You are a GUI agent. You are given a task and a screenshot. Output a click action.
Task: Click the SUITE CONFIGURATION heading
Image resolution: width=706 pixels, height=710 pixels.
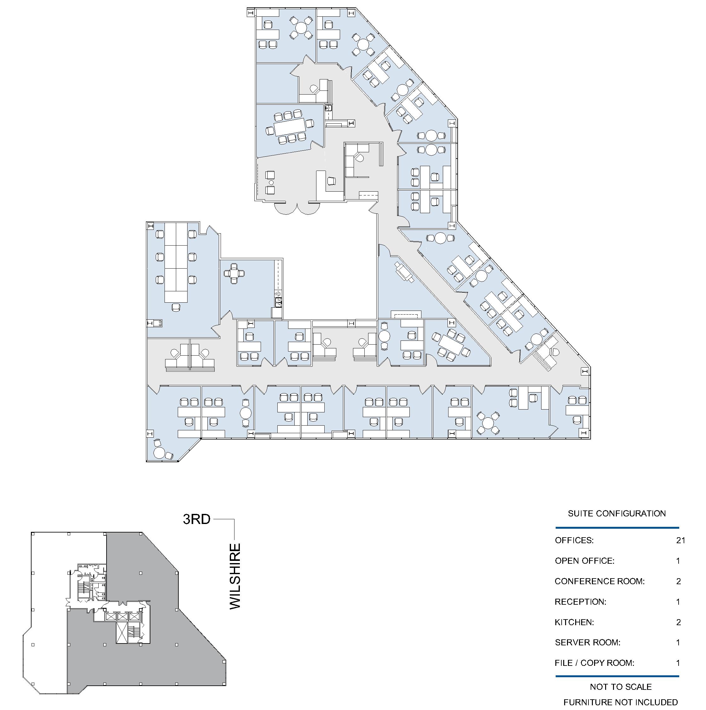(617, 513)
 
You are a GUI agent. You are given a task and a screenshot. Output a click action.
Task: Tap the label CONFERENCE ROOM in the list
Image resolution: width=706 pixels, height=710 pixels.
(599, 581)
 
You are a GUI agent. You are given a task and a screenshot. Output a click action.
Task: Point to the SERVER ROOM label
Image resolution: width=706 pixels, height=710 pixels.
(587, 643)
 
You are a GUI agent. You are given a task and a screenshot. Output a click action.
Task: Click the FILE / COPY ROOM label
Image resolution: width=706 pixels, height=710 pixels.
(594, 663)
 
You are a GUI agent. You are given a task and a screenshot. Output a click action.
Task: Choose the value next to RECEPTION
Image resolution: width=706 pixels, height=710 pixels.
(678, 602)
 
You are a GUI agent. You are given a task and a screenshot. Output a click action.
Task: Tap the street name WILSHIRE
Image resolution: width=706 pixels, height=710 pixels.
(235, 577)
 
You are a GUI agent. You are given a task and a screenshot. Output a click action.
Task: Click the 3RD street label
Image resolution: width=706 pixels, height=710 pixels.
(197, 519)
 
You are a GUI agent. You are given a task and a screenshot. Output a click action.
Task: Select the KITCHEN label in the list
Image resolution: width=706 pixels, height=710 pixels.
(574, 622)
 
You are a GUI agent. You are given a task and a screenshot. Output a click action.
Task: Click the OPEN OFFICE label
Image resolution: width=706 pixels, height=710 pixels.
(584, 561)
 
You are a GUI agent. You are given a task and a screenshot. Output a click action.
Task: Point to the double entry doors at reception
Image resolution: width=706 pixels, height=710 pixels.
(297, 208)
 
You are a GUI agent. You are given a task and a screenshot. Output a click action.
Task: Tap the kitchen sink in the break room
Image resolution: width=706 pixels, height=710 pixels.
(278, 302)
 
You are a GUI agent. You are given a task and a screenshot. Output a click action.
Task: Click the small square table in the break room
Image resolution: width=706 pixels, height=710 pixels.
(234, 273)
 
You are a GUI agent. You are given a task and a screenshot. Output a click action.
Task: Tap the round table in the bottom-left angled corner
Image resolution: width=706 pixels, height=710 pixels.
(159, 452)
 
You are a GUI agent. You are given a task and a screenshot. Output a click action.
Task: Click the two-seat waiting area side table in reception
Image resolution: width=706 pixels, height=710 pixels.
(271, 183)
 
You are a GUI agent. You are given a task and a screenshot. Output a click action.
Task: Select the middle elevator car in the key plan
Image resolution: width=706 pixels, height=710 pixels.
(122, 616)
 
